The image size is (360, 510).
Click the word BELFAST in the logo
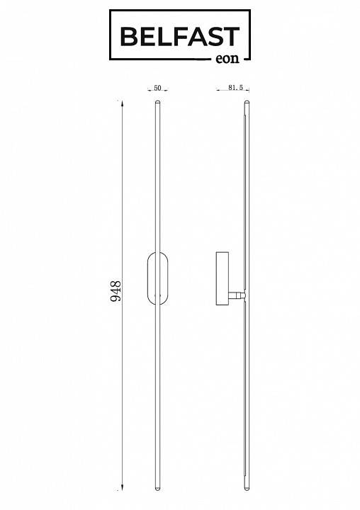(x=180, y=36)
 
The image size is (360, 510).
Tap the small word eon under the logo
(x=227, y=59)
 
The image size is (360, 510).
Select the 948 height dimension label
(x=116, y=291)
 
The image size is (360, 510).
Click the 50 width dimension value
(x=157, y=88)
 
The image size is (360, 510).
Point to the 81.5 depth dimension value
(x=236, y=88)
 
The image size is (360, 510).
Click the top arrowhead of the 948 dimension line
(x=122, y=103)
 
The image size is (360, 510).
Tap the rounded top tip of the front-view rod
(x=158, y=102)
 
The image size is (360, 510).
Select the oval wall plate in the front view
(x=148, y=278)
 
